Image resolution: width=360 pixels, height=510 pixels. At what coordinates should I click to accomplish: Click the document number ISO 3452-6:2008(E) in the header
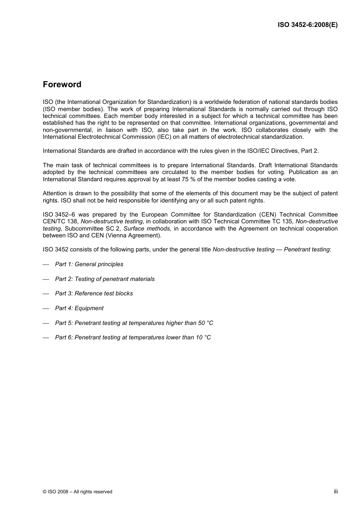pyautogui.click(x=307, y=25)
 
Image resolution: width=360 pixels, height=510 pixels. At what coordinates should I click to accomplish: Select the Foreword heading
pyautogui.click(x=62, y=85)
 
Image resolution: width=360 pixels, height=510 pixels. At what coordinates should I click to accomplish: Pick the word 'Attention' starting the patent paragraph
pyautogui.click(x=55, y=193)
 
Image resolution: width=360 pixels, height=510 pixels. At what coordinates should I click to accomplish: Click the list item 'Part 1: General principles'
pyautogui.click(x=89, y=264)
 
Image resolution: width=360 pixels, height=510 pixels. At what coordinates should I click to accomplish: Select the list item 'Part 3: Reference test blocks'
pyautogui.click(x=94, y=293)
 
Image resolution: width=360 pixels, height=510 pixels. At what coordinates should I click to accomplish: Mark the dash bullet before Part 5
pyautogui.click(x=46, y=323)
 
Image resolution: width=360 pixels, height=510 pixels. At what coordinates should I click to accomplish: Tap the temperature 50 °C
pyautogui.click(x=205, y=323)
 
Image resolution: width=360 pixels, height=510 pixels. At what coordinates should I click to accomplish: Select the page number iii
pyautogui.click(x=336, y=491)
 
